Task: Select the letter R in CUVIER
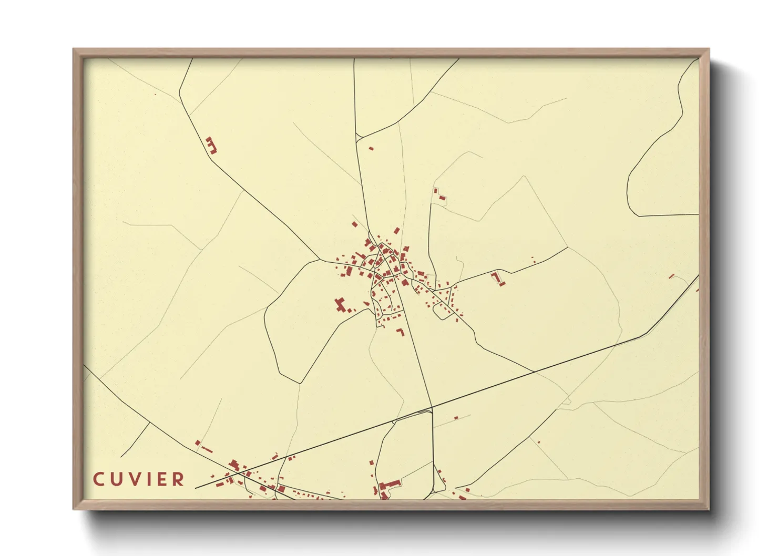click(x=179, y=479)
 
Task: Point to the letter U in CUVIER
click(x=118, y=479)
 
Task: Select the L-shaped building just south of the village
click(x=401, y=332)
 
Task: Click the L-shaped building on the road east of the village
click(x=497, y=278)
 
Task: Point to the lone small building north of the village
click(x=371, y=149)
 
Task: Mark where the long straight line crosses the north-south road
click(x=431, y=408)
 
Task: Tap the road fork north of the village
click(x=357, y=138)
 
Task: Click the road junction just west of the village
click(x=320, y=260)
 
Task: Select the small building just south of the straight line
click(x=456, y=418)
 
